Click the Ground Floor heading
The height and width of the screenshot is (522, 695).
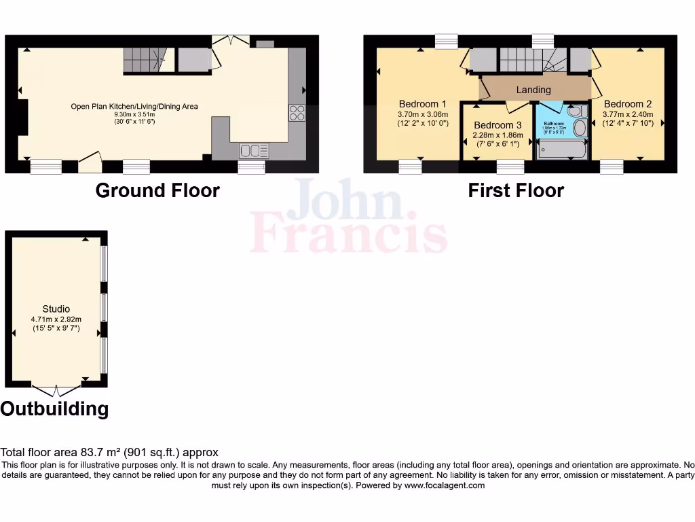(157, 190)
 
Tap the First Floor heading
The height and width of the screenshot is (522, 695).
(516, 190)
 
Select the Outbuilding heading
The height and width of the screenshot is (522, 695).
(54, 408)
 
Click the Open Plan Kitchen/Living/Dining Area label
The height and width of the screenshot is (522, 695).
(134, 106)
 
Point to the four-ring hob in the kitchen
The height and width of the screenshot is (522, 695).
(297, 113)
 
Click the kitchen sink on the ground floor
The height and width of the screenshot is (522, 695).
(254, 150)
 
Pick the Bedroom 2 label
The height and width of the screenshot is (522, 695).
(628, 104)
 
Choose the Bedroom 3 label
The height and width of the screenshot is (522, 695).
(497, 125)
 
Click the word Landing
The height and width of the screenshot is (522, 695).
(533, 90)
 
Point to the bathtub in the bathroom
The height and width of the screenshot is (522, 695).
(562, 149)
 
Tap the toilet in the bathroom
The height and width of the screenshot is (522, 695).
(577, 111)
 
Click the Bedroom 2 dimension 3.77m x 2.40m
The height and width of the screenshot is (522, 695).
(628, 114)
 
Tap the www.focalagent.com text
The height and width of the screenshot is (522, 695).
(448, 485)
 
